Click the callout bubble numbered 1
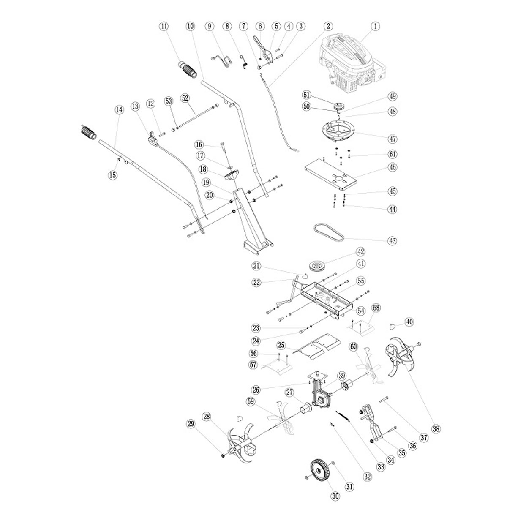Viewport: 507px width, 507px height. [374, 26]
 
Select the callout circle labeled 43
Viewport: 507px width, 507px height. [393, 241]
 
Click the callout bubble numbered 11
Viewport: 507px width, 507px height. [164, 26]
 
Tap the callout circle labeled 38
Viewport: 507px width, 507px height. [436, 428]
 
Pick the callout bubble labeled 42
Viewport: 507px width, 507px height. [360, 252]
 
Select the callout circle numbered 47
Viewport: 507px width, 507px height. [393, 139]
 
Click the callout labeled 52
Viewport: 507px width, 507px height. [185, 98]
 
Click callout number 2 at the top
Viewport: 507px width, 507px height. [327, 26]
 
